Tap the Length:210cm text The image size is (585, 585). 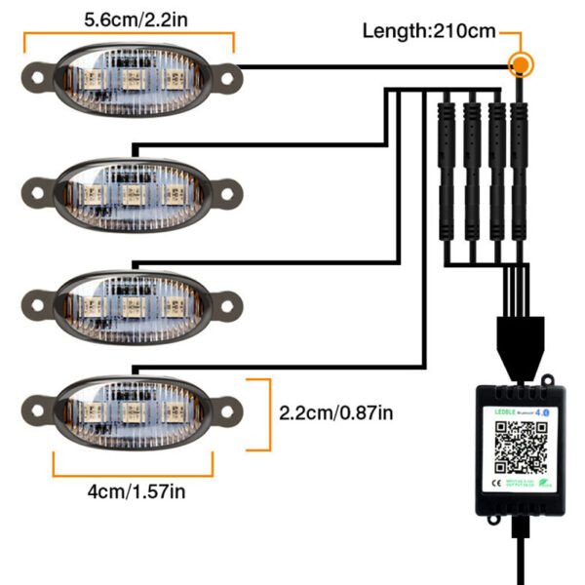click(429, 30)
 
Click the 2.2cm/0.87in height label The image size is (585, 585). click(336, 413)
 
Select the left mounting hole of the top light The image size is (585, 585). click(38, 73)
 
